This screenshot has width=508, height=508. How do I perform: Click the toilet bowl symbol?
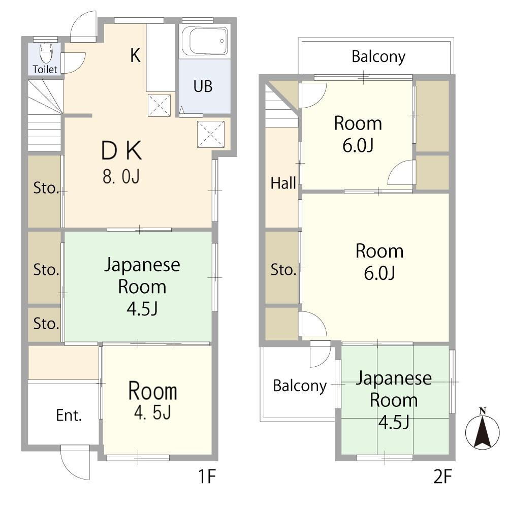point(45,53)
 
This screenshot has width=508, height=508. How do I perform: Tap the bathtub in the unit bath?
point(204,41)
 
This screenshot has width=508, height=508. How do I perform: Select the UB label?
point(203,86)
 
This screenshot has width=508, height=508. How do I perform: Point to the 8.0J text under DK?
point(121,177)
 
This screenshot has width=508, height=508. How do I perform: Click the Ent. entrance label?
point(69,416)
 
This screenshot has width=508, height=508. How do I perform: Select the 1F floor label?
point(207,477)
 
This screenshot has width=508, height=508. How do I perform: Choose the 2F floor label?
point(442,477)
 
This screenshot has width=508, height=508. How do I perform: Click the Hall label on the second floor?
point(283,183)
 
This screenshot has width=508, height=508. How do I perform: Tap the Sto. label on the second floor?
point(283,270)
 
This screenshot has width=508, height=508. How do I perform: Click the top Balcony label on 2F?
point(378,57)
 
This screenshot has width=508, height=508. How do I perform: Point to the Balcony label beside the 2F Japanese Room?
point(300,386)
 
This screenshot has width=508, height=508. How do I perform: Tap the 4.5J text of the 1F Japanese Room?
point(142,308)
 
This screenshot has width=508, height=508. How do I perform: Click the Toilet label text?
point(45,69)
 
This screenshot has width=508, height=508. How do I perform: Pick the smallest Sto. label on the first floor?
point(46,324)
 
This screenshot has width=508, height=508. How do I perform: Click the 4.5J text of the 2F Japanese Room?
point(394,422)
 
